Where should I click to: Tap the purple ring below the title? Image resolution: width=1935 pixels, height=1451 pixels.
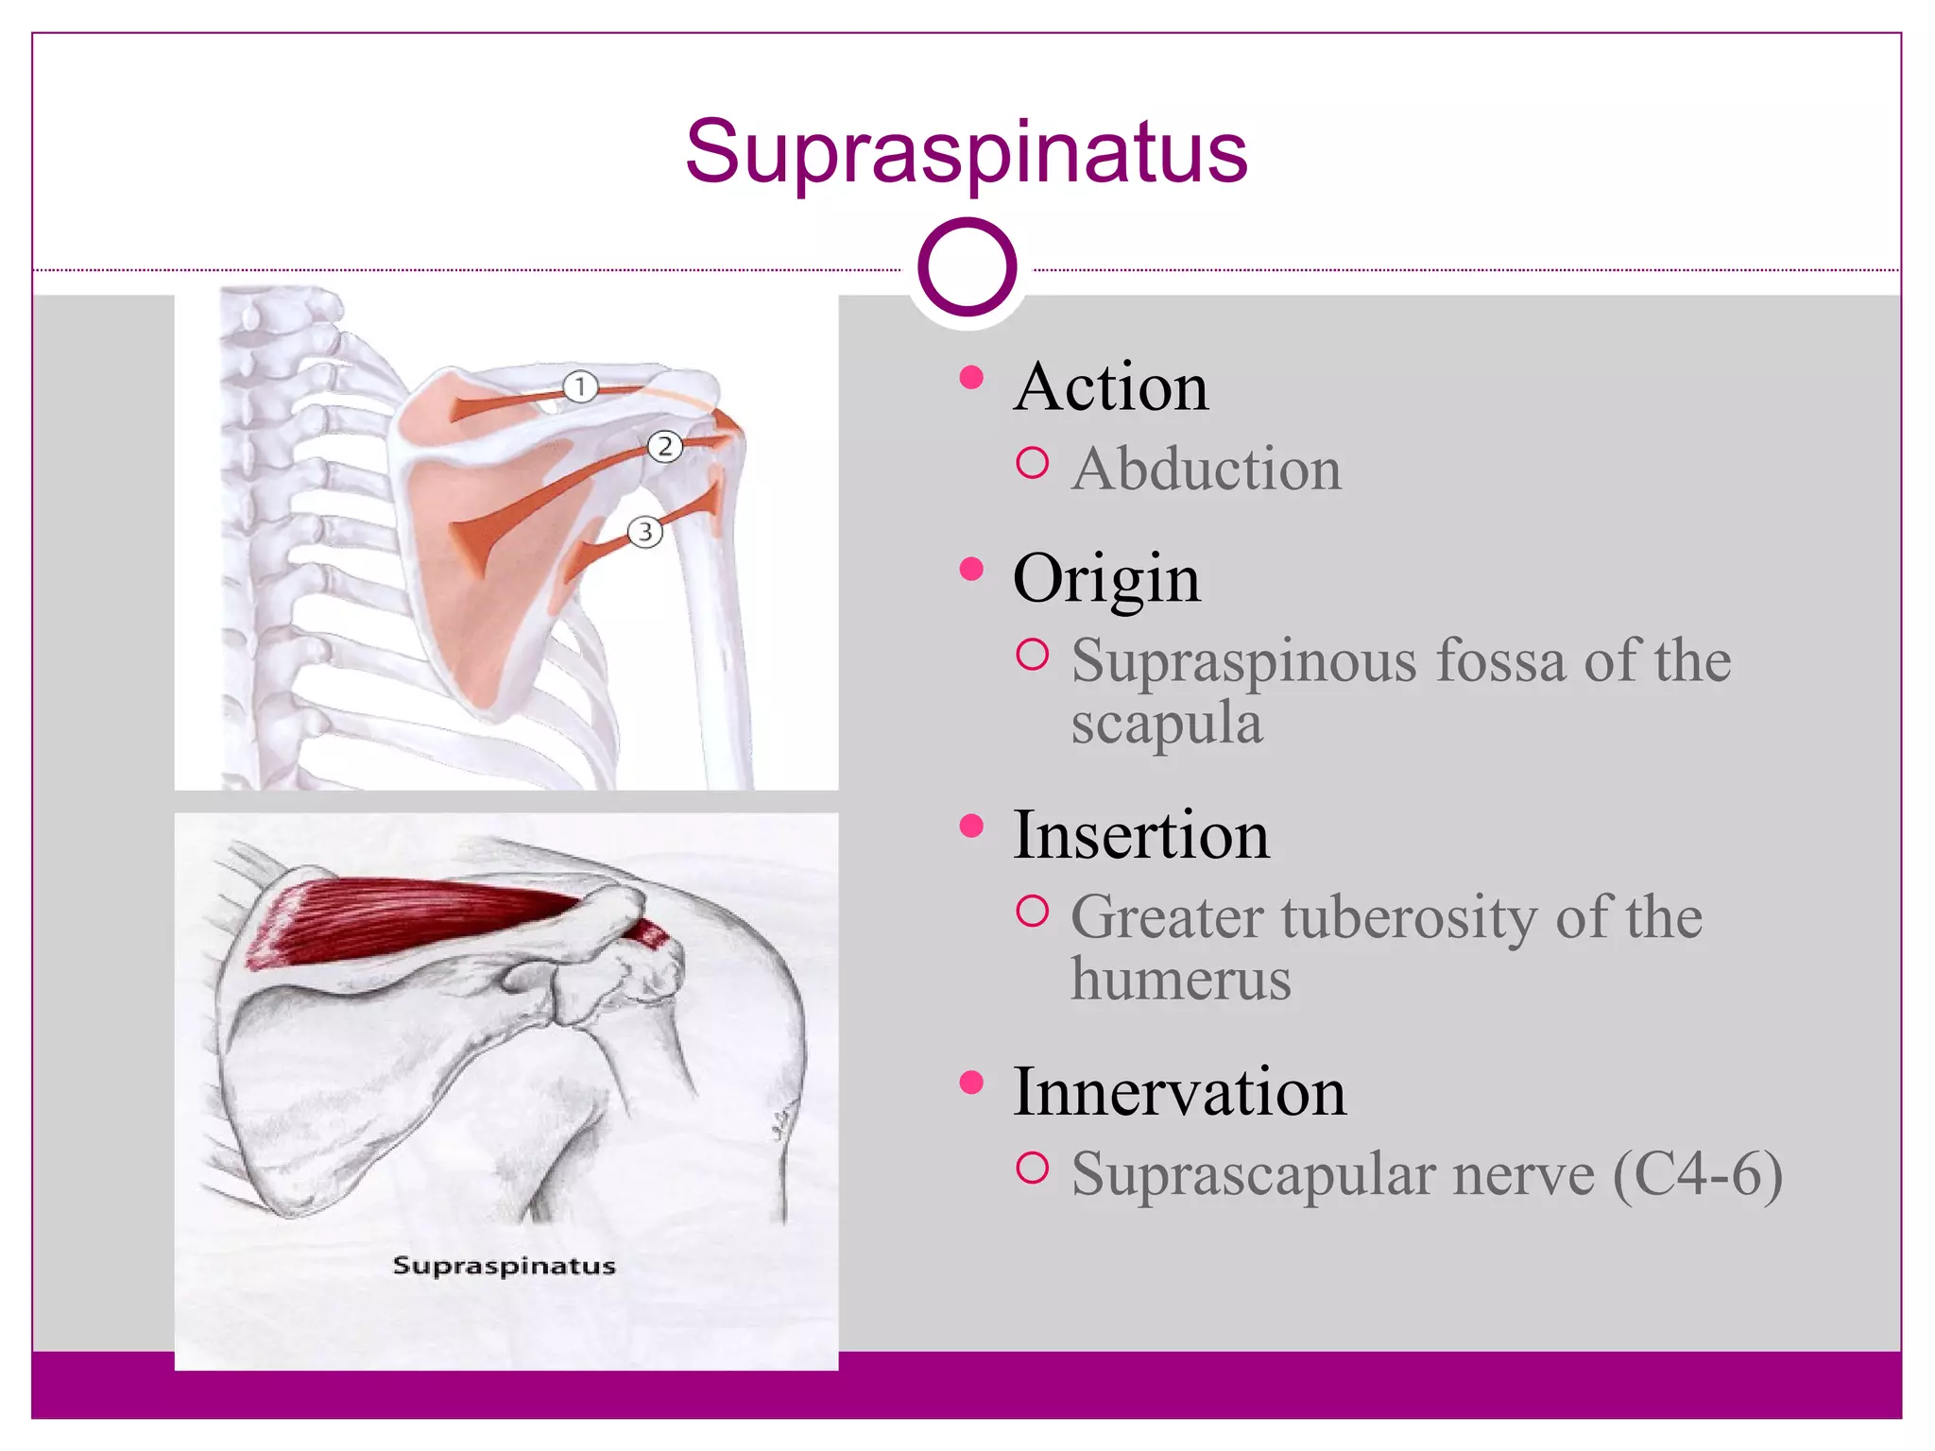pyautogui.click(x=967, y=266)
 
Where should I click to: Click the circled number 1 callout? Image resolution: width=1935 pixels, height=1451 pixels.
pyautogui.click(x=580, y=386)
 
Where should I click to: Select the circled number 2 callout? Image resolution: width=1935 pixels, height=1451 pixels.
pyautogui.click(x=664, y=446)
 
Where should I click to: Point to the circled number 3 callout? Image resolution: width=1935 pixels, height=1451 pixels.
pyautogui.click(x=645, y=532)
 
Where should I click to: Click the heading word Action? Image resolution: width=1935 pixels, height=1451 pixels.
pyautogui.click(x=1110, y=387)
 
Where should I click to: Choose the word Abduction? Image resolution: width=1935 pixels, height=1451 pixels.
pyautogui.click(x=1206, y=469)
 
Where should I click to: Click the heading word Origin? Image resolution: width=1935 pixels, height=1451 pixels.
pyautogui.click(x=1106, y=578)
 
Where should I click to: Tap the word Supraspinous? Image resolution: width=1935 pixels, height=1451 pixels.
pyautogui.click(x=1243, y=661)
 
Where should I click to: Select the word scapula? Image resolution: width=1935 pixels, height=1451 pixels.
pyautogui.click(x=1166, y=724)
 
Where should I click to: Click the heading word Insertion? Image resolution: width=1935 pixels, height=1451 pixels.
pyautogui.click(x=1140, y=835)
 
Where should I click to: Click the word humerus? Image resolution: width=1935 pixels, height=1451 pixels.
pyautogui.click(x=1180, y=980)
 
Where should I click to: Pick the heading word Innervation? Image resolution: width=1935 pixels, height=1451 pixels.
pyautogui.click(x=1178, y=1092)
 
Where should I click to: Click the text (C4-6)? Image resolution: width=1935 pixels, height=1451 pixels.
pyautogui.click(x=1697, y=1175)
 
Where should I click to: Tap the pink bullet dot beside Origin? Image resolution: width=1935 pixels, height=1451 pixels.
pyautogui.click(x=970, y=569)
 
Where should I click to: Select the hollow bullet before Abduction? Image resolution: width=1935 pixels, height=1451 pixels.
pyautogui.click(x=1032, y=464)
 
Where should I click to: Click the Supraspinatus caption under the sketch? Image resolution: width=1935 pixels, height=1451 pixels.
pyautogui.click(x=504, y=1266)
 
